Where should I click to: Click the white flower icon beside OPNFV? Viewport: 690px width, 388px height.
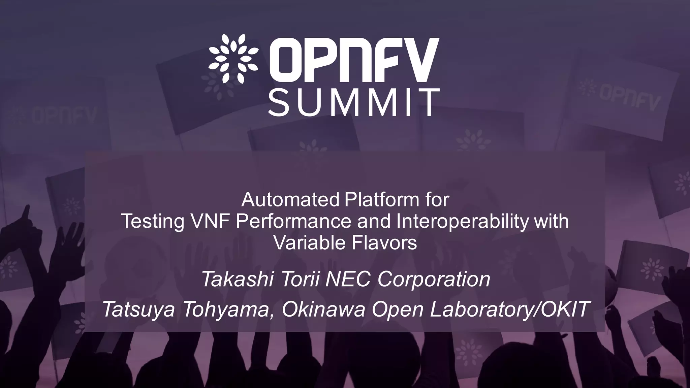click(233, 59)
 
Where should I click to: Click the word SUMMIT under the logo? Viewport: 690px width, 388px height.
click(354, 102)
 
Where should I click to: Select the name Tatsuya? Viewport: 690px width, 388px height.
click(138, 309)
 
